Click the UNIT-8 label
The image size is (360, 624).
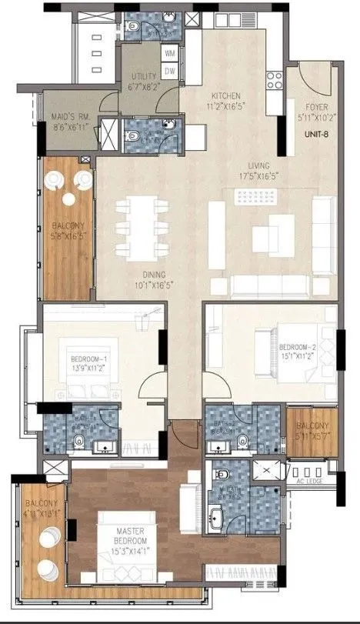click(315, 132)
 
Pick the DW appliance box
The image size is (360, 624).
click(171, 70)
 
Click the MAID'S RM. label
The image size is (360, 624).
click(68, 115)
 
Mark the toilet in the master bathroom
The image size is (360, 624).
click(222, 474)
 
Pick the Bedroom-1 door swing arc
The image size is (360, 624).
click(152, 382)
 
